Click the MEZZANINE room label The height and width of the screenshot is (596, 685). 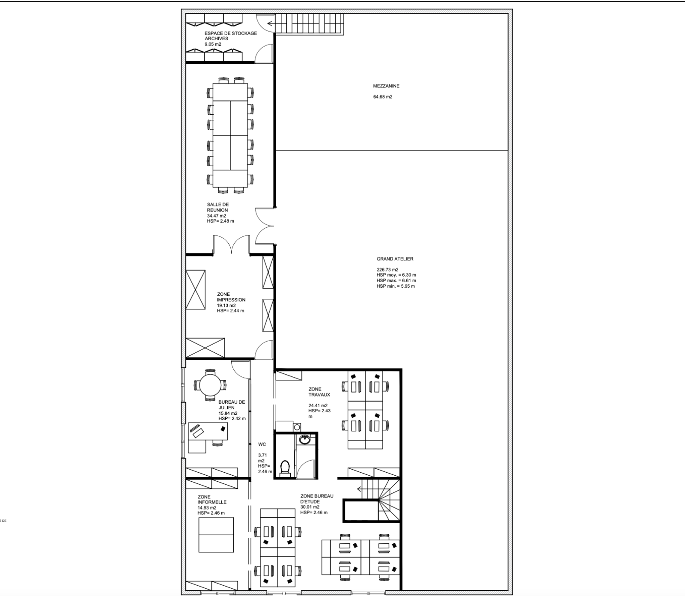[x=386, y=86]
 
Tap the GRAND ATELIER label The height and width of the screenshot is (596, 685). [x=395, y=259]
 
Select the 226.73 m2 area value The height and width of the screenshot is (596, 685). [x=387, y=270]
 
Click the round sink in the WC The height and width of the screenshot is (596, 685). [x=305, y=439]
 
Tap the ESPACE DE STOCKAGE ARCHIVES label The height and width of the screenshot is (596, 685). [x=231, y=36]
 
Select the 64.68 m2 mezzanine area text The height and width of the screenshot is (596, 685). [x=383, y=97]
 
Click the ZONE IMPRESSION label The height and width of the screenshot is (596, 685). [x=231, y=297]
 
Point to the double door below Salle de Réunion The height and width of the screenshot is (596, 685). [x=231, y=245]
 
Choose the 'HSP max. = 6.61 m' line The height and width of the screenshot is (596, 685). [x=396, y=280]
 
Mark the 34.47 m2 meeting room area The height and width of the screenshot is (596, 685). [x=217, y=216]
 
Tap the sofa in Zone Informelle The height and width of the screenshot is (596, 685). [x=216, y=535]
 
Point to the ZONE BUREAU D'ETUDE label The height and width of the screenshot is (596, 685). [x=317, y=499]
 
